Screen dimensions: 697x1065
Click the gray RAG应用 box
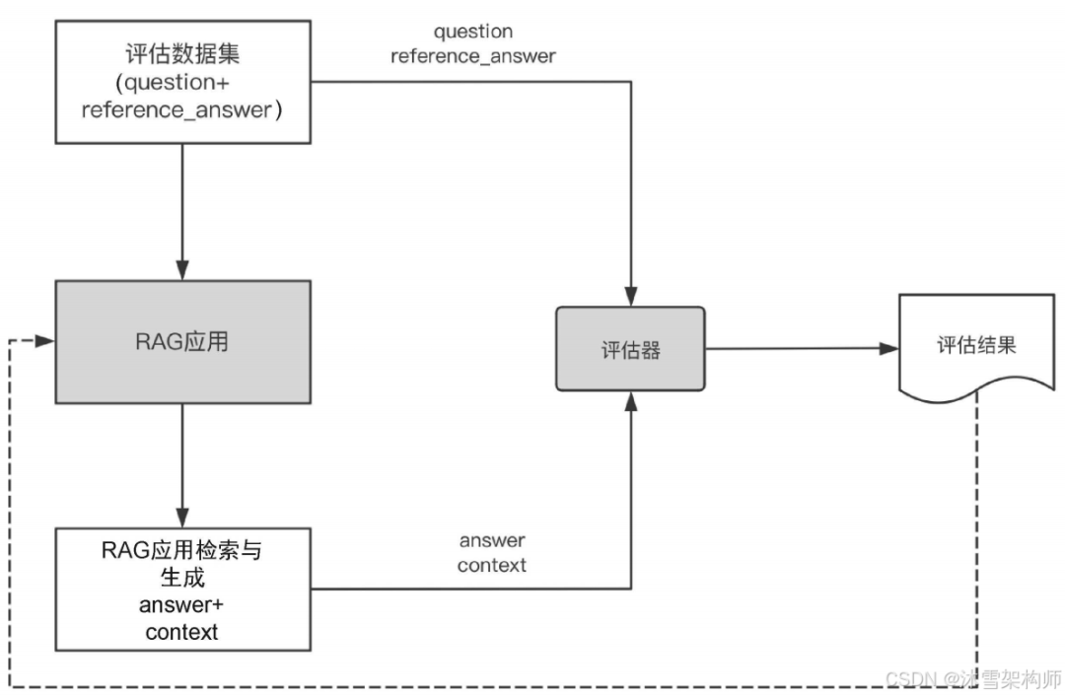click(182, 341)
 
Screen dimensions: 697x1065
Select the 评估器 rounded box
click(630, 349)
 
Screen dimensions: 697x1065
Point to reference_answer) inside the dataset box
click(182, 109)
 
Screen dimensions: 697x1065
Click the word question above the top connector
click(473, 32)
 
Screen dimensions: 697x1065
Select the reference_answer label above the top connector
click(473, 56)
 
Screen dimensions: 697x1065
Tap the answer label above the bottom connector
click(491, 540)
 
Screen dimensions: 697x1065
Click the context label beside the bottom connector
click(491, 565)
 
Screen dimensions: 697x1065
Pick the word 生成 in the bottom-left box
click(181, 578)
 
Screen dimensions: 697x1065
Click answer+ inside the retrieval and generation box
click(181, 605)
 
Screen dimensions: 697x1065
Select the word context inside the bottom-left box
click(181, 632)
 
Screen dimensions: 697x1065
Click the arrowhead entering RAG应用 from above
click(181, 269)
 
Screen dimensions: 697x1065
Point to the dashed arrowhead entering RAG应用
click(45, 340)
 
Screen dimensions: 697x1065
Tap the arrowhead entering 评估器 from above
click(630, 296)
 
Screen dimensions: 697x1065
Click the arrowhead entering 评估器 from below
click(630, 400)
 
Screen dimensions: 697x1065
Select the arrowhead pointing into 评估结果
click(889, 348)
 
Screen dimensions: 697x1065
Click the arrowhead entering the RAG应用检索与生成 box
click(181, 517)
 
